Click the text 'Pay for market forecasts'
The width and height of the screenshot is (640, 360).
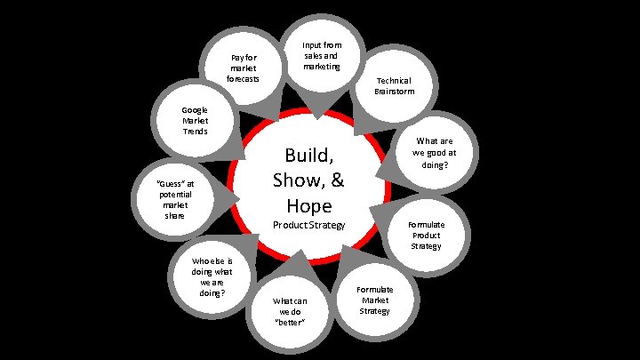tap(243, 68)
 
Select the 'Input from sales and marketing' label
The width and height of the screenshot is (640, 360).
tap(321, 56)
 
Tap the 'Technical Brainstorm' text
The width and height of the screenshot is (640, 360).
tap(394, 85)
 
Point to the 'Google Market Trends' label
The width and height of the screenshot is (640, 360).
tap(195, 121)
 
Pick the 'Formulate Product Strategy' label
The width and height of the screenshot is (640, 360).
tap(426, 236)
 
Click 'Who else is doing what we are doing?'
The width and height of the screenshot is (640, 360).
tap(212, 277)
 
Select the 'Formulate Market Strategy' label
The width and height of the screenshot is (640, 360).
tap(374, 300)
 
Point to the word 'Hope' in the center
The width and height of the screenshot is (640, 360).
tap(308, 205)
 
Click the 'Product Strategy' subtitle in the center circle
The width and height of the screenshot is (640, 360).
tap(308, 226)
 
